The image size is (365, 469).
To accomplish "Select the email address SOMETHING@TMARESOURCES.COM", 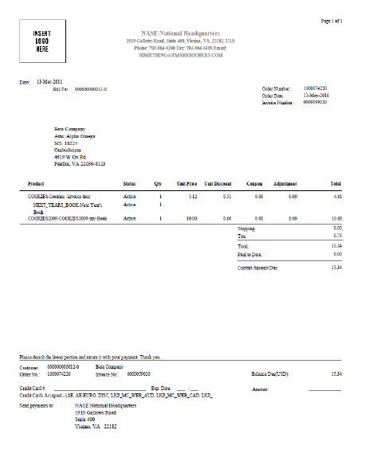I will (x=182, y=55).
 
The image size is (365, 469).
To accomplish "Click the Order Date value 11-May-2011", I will (x=318, y=95).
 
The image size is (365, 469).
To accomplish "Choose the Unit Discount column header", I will (x=218, y=183).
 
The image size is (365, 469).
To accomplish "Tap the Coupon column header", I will (x=255, y=183).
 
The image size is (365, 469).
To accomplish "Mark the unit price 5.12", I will (x=192, y=195).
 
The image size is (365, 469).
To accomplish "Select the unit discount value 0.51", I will (x=227, y=195).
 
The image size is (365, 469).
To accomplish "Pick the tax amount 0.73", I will (x=337, y=236).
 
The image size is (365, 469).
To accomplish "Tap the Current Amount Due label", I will (x=258, y=268).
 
